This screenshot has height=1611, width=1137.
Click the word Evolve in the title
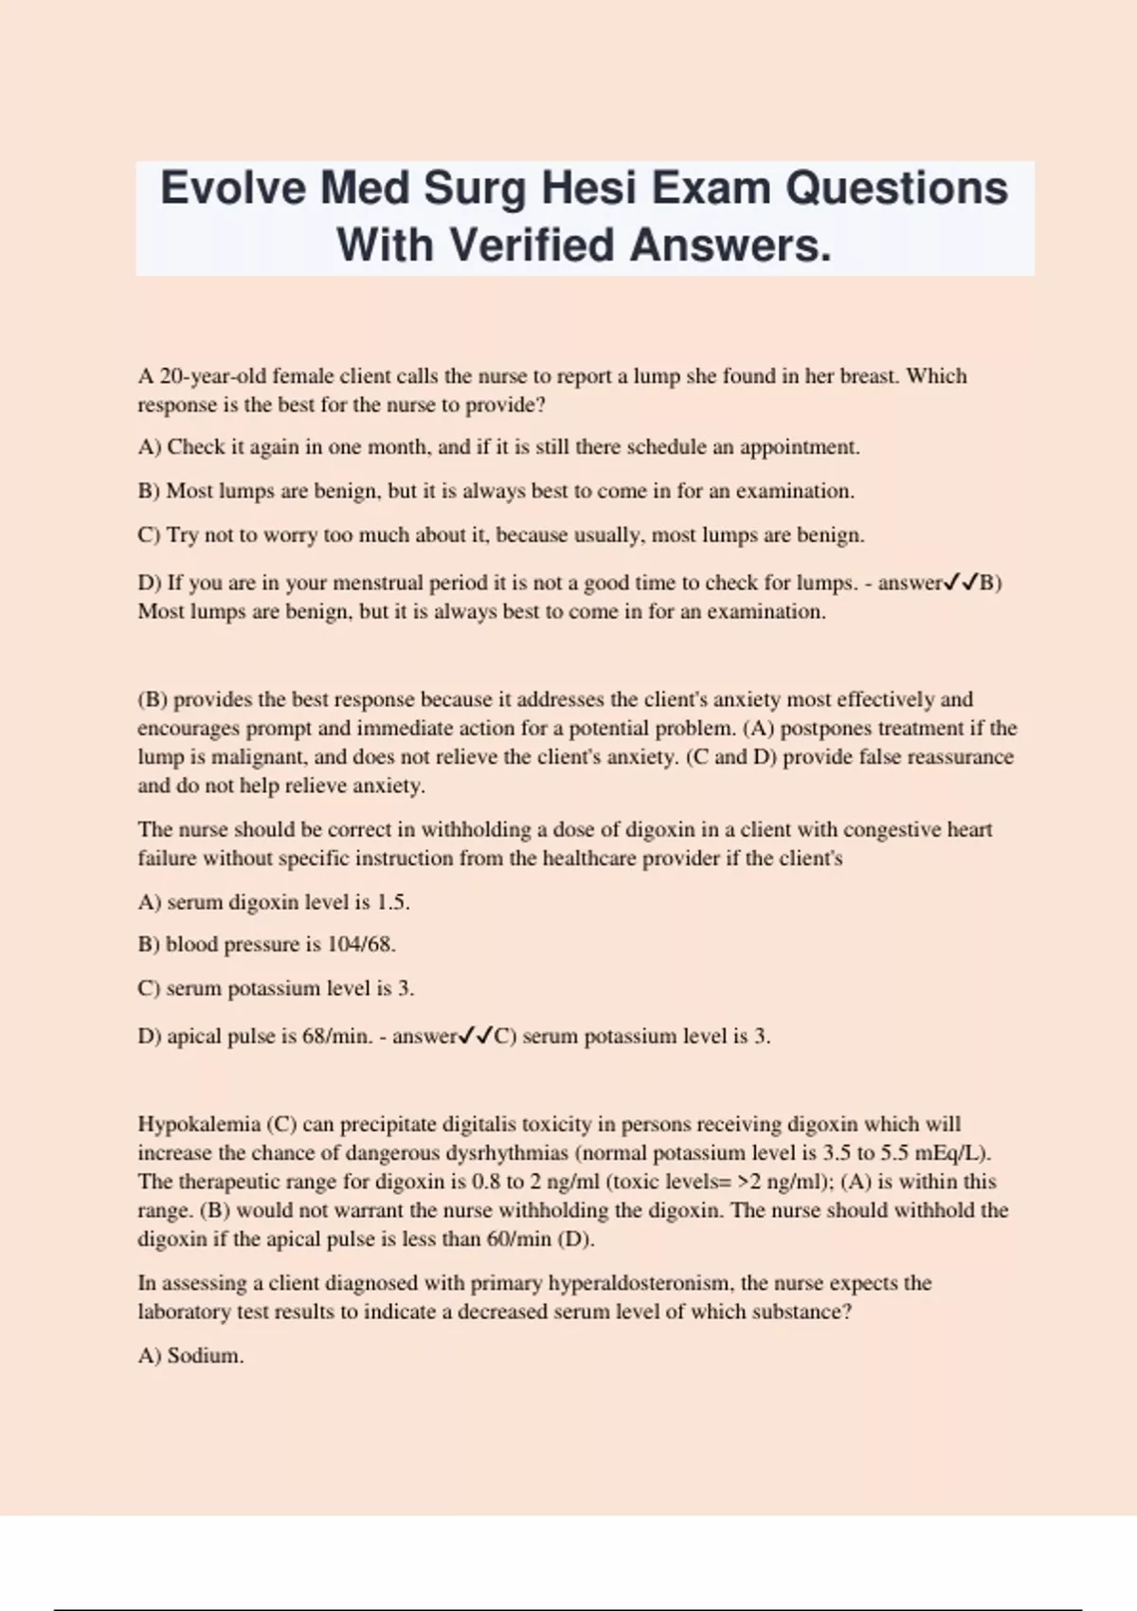coord(232,188)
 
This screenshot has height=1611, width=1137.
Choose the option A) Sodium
coord(191,1356)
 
